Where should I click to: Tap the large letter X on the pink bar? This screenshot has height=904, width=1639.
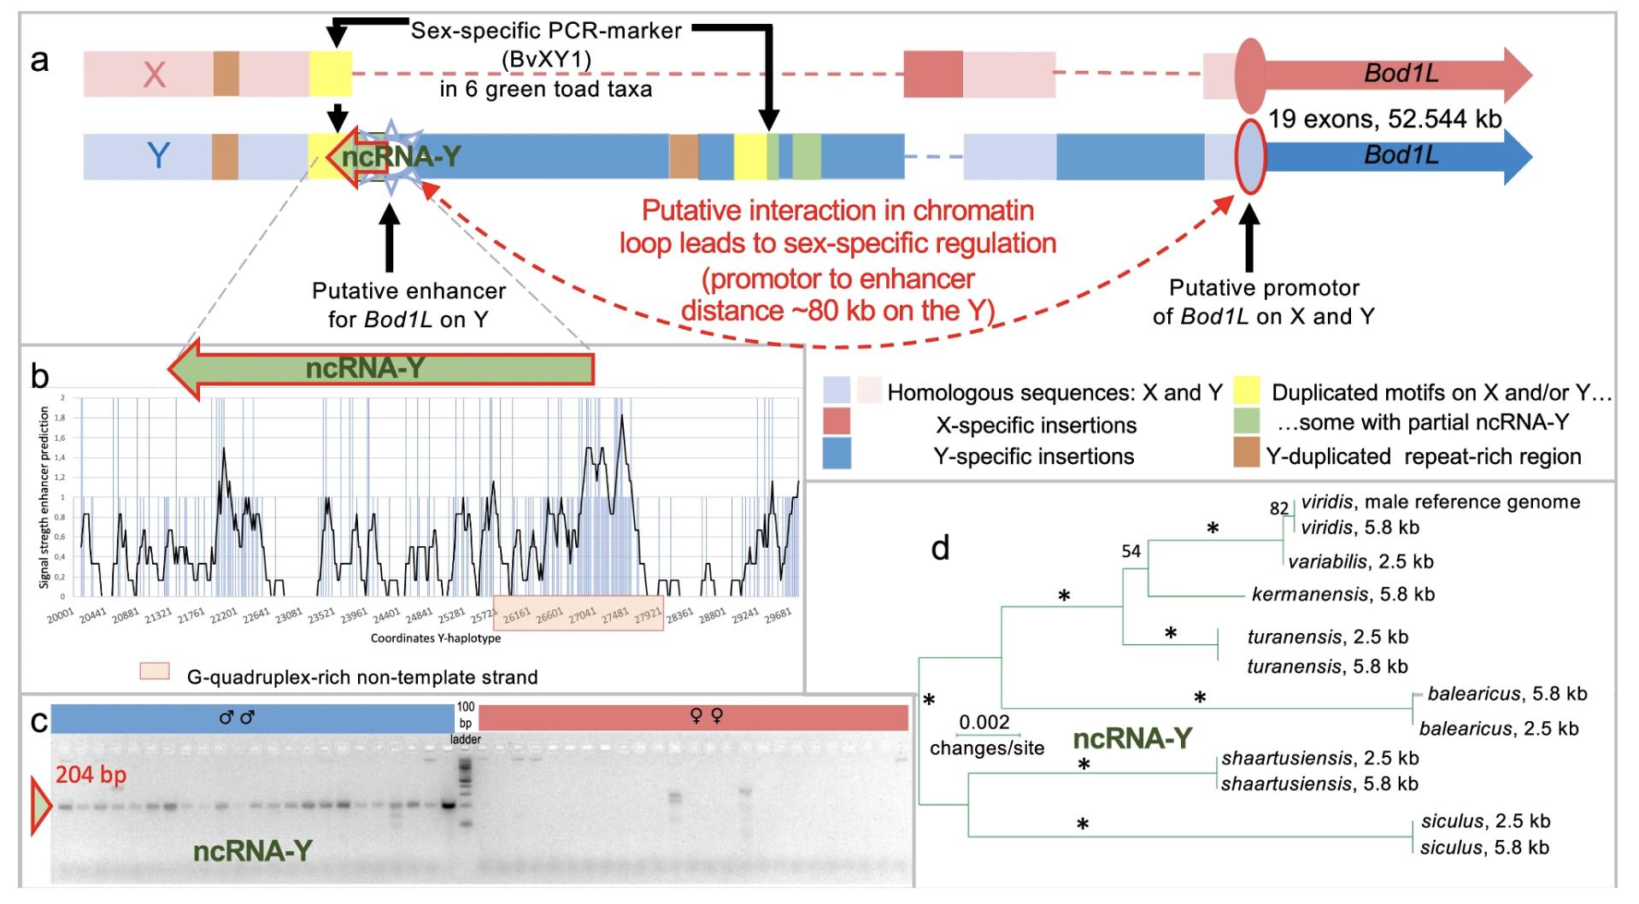154,75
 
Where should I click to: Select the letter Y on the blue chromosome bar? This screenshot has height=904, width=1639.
158,156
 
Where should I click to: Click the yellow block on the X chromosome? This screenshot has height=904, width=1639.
330,73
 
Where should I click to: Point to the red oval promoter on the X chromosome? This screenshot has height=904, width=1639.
1250,75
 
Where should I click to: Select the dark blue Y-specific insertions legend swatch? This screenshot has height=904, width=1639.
837,455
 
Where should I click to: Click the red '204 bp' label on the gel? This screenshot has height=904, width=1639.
91,775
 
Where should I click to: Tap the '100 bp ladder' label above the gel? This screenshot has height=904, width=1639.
466,723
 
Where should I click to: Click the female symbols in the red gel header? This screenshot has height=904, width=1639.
708,717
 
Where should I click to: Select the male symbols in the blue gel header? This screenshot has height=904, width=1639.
237,718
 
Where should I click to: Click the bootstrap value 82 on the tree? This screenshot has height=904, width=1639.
1278,508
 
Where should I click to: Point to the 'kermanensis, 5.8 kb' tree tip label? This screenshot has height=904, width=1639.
1342,594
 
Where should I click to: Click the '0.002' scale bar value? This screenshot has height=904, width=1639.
984,722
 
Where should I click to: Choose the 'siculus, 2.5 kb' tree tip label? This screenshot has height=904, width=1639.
1485,821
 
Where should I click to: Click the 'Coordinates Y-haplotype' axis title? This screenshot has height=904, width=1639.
436,638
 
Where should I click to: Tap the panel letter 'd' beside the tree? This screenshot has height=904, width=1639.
940,548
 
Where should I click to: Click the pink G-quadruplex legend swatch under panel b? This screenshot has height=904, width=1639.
155,671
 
